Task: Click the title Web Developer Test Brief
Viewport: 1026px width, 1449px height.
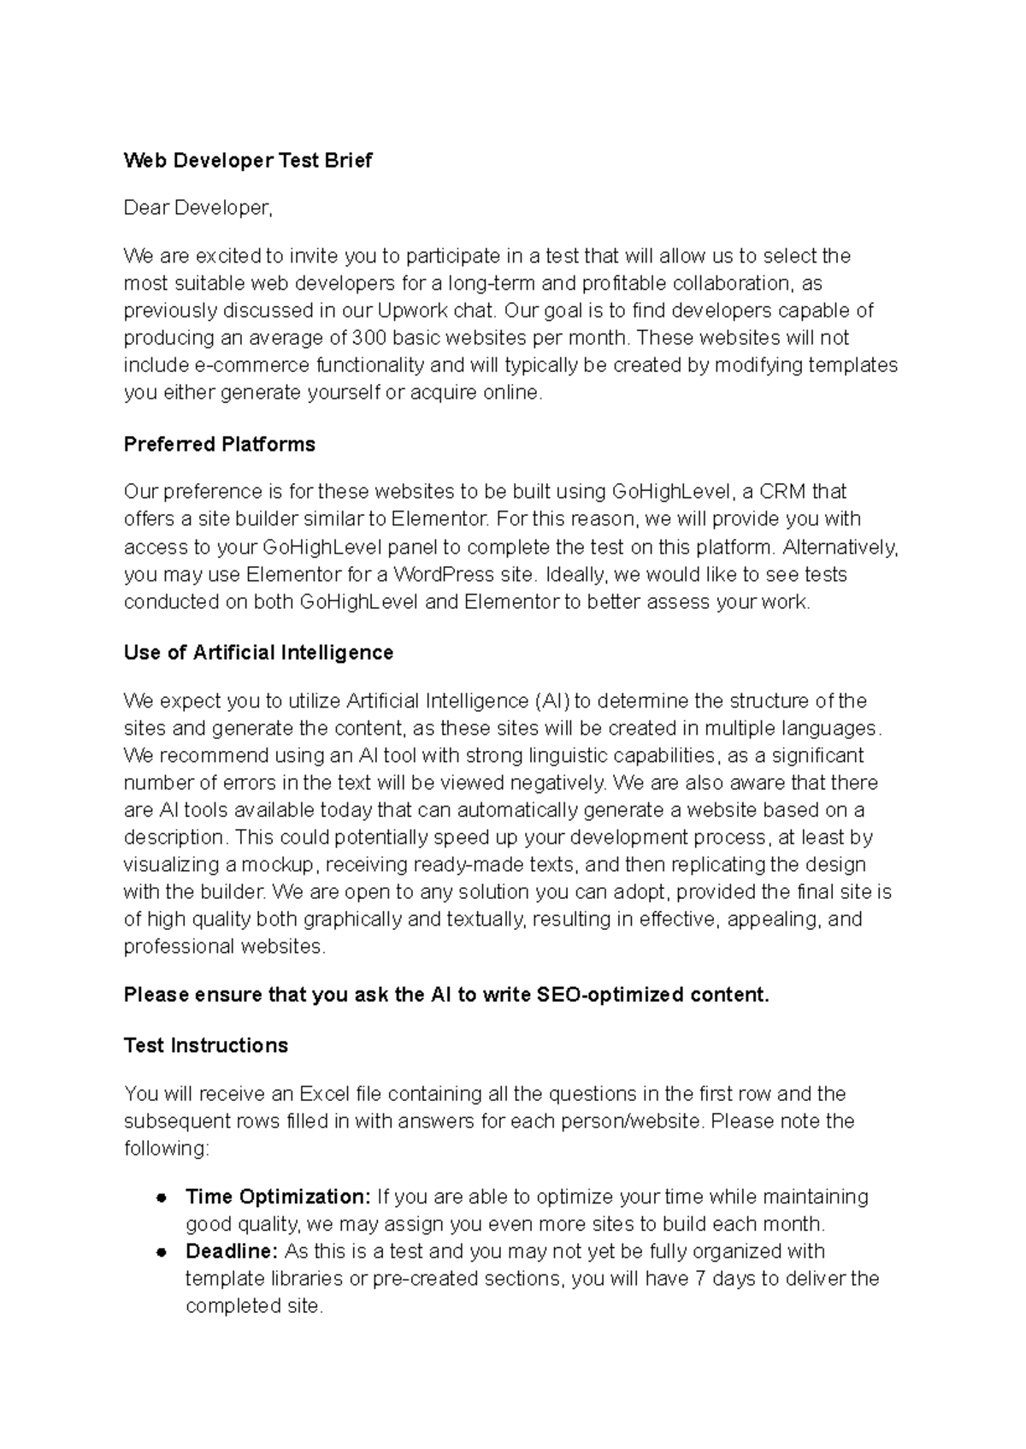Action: pos(248,160)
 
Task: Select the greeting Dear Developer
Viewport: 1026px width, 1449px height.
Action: pos(198,208)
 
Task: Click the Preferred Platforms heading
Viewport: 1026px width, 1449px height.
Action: pos(220,444)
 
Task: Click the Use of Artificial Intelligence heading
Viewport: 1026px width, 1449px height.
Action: pos(258,653)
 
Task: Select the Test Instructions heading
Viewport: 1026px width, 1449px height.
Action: pos(206,1045)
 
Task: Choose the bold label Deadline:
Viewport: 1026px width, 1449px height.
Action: pos(232,1251)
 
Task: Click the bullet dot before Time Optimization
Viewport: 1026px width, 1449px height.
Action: pos(161,1198)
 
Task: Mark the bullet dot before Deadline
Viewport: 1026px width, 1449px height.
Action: pos(161,1252)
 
